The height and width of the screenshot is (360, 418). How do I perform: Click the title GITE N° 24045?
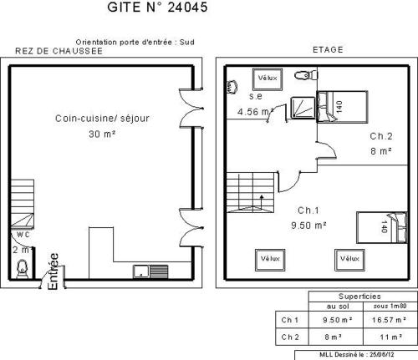click(x=157, y=8)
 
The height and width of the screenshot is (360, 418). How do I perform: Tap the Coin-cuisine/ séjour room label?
click(x=102, y=119)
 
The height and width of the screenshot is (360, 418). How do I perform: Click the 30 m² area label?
click(x=102, y=134)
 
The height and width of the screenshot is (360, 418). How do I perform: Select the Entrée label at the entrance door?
click(x=53, y=271)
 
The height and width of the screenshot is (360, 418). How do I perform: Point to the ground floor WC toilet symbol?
click(x=22, y=269)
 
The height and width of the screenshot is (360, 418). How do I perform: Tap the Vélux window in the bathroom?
click(x=268, y=79)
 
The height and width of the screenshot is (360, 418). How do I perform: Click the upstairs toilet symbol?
click(x=306, y=75)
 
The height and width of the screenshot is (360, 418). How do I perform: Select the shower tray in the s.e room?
click(x=303, y=108)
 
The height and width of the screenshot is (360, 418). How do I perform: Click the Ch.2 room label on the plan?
click(x=381, y=136)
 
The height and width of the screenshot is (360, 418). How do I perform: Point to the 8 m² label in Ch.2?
click(x=381, y=151)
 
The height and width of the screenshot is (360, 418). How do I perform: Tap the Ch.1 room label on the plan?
click(x=308, y=210)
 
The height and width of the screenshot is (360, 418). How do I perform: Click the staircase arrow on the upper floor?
click(x=262, y=202)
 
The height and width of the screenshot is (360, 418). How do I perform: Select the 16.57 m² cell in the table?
click(x=389, y=320)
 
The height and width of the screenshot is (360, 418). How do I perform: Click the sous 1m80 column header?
click(x=390, y=306)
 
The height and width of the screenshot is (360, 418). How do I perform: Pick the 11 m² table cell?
click(x=391, y=337)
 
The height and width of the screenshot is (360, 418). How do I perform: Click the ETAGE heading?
click(x=328, y=50)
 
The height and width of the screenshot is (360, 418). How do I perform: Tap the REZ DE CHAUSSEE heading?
click(x=59, y=51)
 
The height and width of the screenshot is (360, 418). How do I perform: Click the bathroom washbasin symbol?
click(x=232, y=87)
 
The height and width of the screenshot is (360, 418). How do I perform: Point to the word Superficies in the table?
click(x=359, y=297)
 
